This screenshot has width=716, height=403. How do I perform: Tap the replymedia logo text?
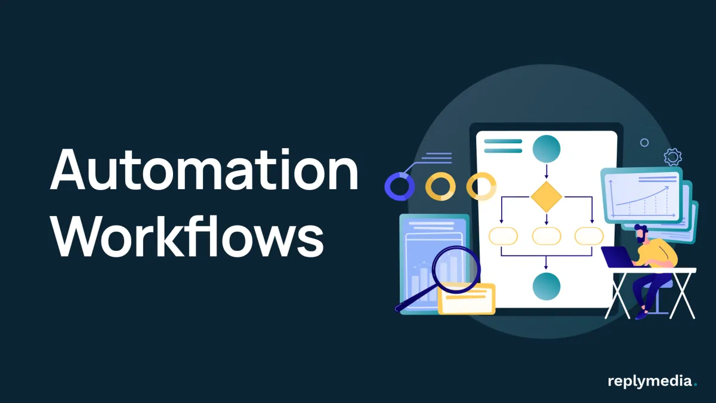pyautogui.click(x=650, y=381)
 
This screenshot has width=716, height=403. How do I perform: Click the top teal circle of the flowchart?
pyautogui.click(x=547, y=149)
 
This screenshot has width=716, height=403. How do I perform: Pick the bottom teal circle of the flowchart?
pyautogui.click(x=547, y=286)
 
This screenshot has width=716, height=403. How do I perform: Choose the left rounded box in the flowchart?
pyautogui.click(x=503, y=236)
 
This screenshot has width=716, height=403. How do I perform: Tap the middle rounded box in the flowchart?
pyautogui.click(x=547, y=236)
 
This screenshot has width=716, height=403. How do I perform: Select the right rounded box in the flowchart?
pyautogui.click(x=589, y=236)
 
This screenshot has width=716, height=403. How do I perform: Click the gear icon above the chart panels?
pyautogui.click(x=672, y=157)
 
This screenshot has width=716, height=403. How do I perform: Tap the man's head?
pyautogui.click(x=641, y=233)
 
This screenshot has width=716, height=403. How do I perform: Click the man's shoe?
pyautogui.click(x=641, y=313)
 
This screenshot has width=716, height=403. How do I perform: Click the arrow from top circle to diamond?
pyautogui.click(x=547, y=171)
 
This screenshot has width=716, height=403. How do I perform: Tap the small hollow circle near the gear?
pyautogui.click(x=644, y=143)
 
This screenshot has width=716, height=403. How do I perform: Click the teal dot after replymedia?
pyautogui.click(x=695, y=386)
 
